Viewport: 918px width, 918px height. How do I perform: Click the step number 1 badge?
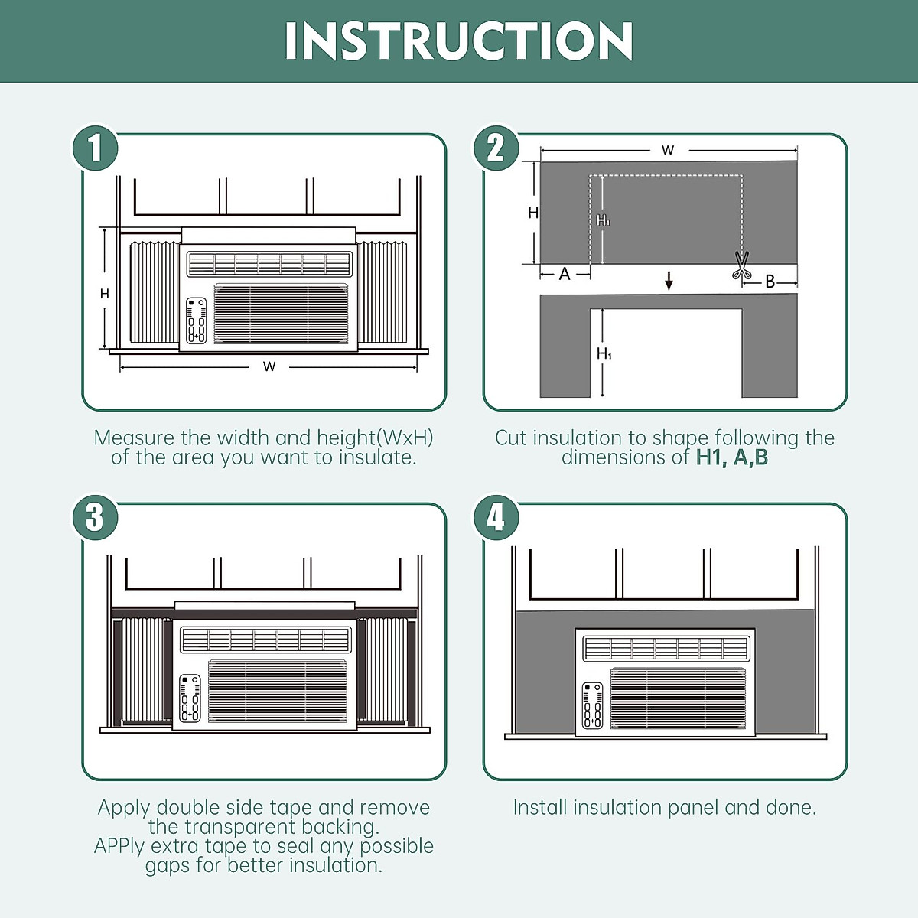[x=95, y=148]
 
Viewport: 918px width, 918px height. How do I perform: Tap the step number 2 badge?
[x=496, y=148]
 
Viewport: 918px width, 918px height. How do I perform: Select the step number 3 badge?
[x=95, y=518]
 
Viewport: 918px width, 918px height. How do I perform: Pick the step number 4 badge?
[x=496, y=518]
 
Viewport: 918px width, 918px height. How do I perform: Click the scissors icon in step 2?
[x=741, y=265]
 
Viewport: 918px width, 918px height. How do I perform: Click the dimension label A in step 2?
[x=565, y=274]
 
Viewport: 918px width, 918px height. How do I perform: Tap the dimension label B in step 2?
[x=770, y=282]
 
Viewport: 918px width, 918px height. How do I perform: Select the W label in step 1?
[x=269, y=367]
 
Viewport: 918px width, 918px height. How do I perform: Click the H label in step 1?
[x=105, y=294]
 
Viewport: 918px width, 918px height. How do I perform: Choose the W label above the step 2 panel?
[x=668, y=150]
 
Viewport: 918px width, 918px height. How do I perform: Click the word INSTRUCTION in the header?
[x=459, y=41]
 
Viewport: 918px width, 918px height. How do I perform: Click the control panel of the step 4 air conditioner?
[x=592, y=705]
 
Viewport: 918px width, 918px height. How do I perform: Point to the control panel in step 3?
[x=190, y=698]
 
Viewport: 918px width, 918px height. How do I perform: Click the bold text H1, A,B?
[x=732, y=457]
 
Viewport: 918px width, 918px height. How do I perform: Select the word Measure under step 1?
[x=134, y=438]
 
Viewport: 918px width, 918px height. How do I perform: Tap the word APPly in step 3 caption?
[x=119, y=846]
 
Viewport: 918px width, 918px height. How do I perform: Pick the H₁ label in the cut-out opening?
[x=604, y=353]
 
